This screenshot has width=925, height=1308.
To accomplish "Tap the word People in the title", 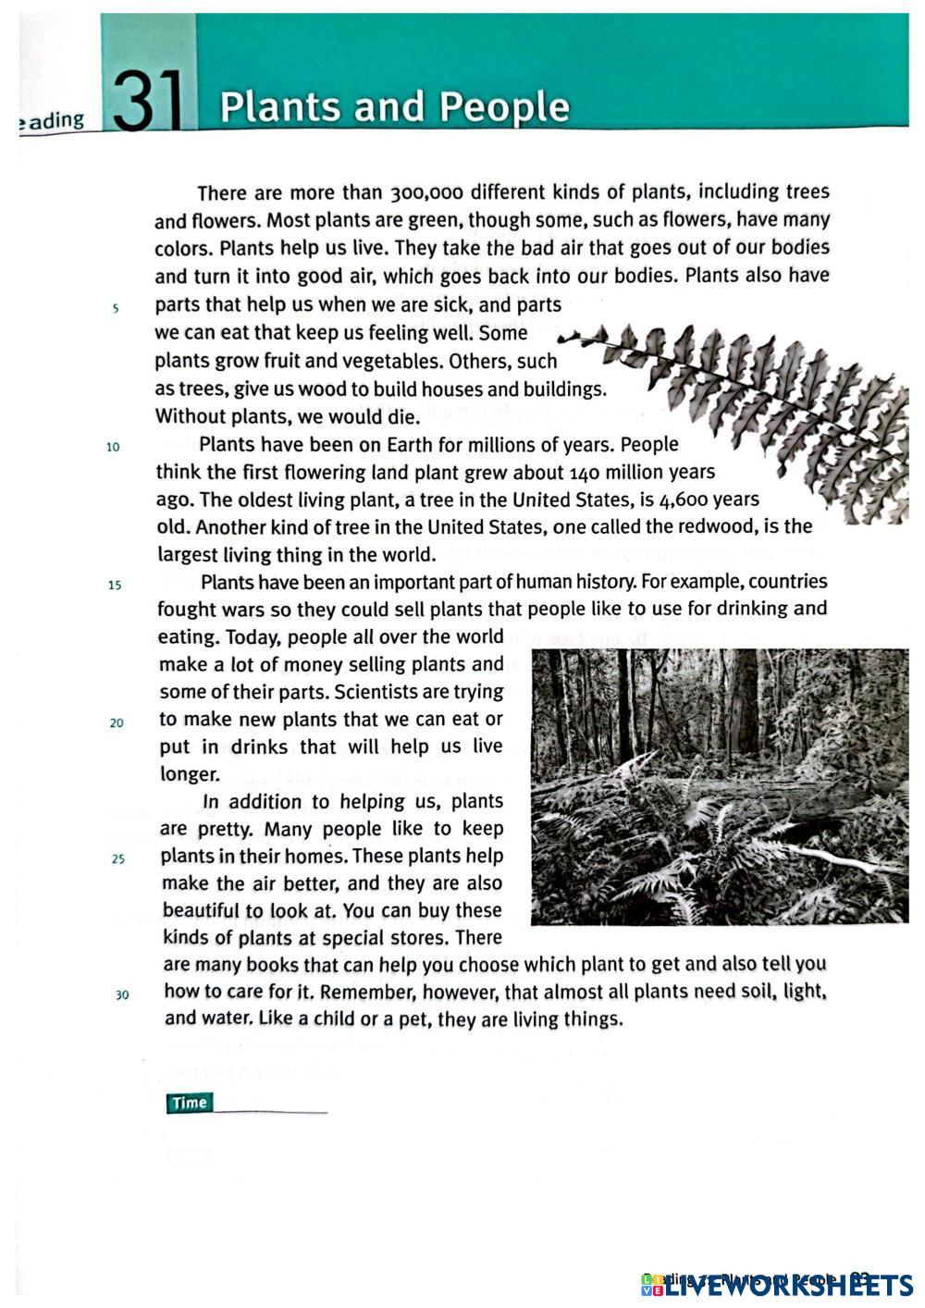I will (504, 107).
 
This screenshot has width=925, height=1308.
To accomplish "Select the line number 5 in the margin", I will (115, 309).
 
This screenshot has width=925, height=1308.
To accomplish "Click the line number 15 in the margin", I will (114, 586).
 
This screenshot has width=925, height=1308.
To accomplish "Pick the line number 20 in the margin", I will (116, 723).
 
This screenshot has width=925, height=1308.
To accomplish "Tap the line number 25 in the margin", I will (117, 859).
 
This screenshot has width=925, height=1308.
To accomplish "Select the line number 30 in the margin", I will (121, 995).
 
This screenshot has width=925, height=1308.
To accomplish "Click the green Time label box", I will (190, 1103).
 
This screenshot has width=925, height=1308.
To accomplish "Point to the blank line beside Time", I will (270, 1110).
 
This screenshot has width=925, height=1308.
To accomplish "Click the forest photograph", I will (720, 786).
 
